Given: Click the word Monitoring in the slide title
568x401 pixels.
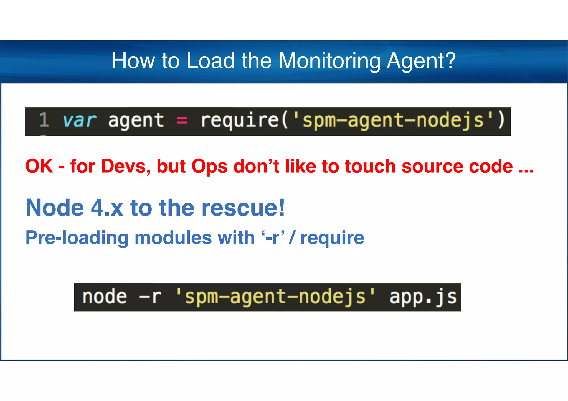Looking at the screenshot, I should (x=329, y=61).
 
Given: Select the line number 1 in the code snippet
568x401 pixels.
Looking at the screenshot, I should (x=44, y=120).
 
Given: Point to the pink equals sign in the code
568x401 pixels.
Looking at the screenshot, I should (x=182, y=121).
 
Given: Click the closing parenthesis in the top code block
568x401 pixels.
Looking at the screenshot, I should (x=501, y=120).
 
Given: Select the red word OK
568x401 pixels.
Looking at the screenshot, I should (x=39, y=166).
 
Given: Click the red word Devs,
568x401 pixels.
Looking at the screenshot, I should (x=124, y=166).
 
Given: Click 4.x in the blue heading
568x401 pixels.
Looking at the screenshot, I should (x=107, y=208).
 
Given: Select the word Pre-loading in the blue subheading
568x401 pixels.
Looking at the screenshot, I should (x=77, y=238).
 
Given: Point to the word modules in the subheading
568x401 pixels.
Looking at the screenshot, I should (x=173, y=238).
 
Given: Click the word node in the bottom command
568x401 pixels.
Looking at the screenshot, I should (x=105, y=297).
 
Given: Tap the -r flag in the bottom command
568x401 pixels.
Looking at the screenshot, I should (x=150, y=297).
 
